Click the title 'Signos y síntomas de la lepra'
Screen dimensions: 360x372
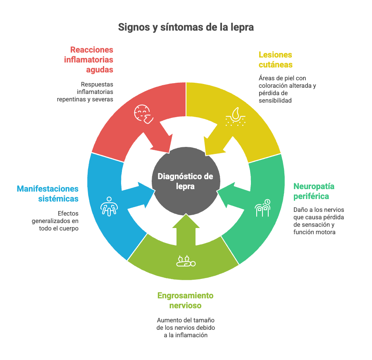pyautogui.click(x=186, y=27)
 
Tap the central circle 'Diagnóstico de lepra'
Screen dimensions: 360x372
pyautogui.click(x=186, y=181)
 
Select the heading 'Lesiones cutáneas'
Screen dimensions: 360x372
pyautogui.click(x=275, y=60)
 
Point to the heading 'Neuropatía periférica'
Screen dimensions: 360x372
pyautogui.click(x=314, y=191)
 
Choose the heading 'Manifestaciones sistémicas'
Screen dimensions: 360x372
pyautogui.click(x=48, y=194)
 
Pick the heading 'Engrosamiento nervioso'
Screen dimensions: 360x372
pyautogui.click(x=185, y=300)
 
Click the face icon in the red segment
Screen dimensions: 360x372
pyautogui.click(x=143, y=113)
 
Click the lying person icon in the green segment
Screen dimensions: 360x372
pyautogui.click(x=186, y=261)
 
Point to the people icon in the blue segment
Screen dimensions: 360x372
pyautogui.click(x=109, y=205)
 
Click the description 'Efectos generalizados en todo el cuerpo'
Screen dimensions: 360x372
pyautogui.click(x=55, y=221)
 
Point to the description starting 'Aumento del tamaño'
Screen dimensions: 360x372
pyautogui.click(x=186, y=328)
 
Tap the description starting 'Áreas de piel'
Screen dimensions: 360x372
pyautogui.click(x=287, y=89)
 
